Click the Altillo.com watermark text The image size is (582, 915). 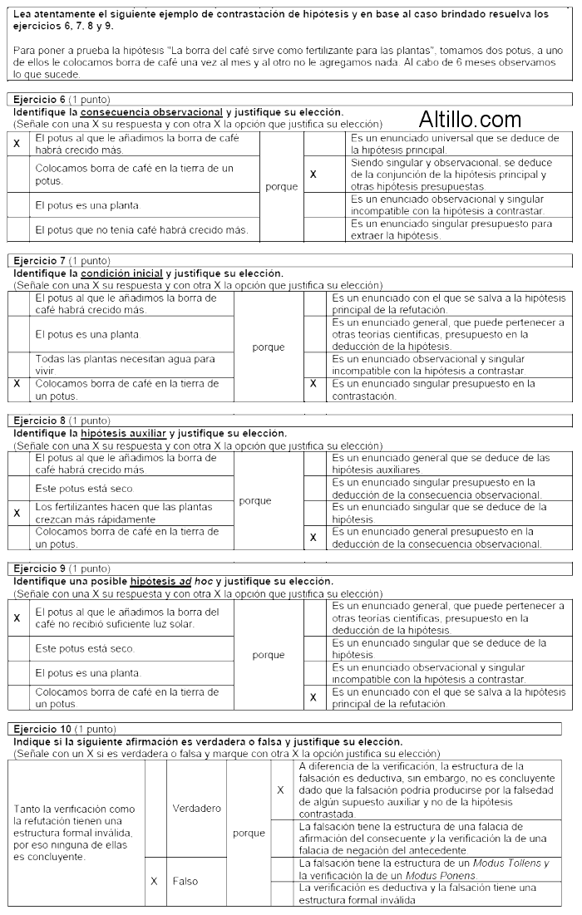[470, 120]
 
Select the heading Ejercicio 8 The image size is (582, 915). [39, 421]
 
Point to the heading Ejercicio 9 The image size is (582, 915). [39, 568]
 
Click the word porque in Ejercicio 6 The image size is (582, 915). [281, 187]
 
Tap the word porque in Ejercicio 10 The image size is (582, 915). [249, 833]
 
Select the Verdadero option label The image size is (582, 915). [196, 808]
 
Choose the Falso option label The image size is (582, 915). [185, 881]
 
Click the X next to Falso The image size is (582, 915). [154, 881]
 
